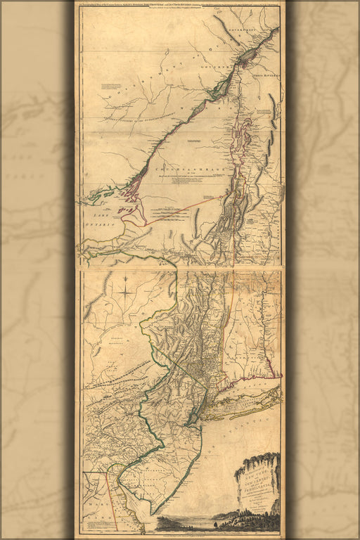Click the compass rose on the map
(x=124, y=288)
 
